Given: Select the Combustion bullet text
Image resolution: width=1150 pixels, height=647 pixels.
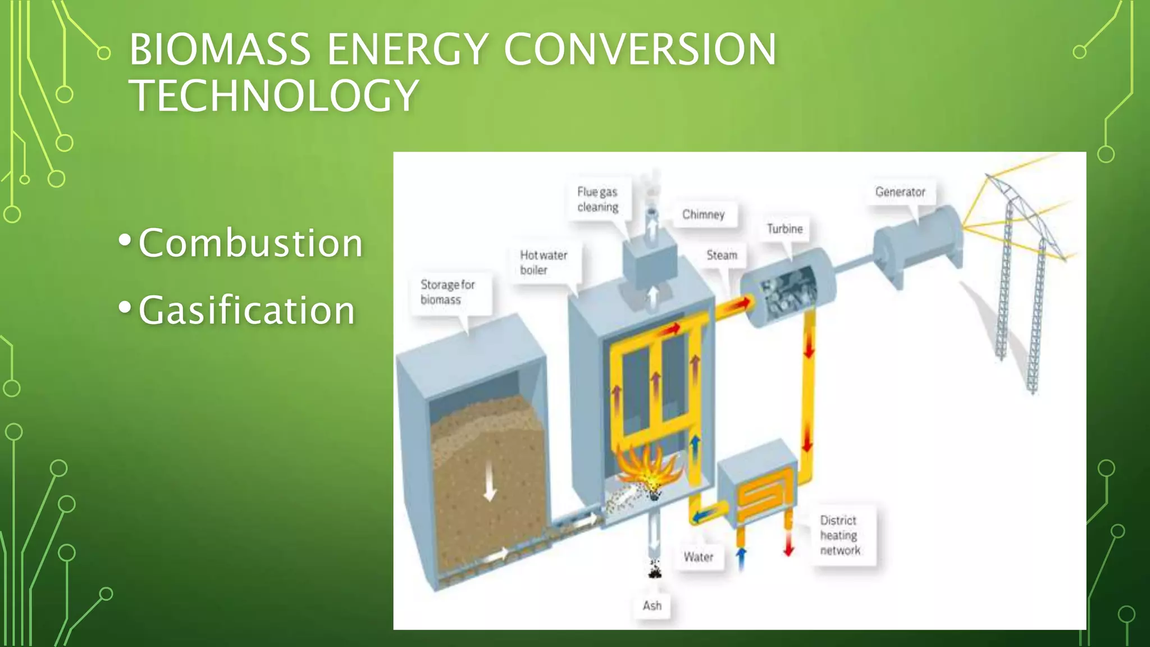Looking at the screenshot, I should pyautogui.click(x=250, y=243).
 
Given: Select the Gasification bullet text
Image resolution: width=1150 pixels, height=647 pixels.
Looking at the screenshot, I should pyautogui.click(x=247, y=310).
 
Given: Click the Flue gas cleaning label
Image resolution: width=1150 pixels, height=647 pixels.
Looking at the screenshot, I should pyautogui.click(x=597, y=199).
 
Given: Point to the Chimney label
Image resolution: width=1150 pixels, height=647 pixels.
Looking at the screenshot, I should pyautogui.click(x=703, y=215).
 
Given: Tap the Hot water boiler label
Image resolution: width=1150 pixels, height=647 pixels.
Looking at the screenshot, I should pyautogui.click(x=543, y=262).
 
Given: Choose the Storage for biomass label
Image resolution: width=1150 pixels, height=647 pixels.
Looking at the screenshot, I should pyautogui.click(x=448, y=292).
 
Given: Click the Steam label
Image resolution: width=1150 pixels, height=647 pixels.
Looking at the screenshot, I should pyautogui.click(x=722, y=255).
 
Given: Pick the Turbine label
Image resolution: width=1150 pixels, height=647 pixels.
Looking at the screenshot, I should pyautogui.click(x=784, y=229).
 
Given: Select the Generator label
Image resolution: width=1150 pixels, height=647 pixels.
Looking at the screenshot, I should pyautogui.click(x=900, y=192).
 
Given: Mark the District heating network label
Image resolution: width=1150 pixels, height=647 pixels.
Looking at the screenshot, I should pyautogui.click(x=839, y=535).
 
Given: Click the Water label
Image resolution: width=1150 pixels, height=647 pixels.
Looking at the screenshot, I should pyautogui.click(x=698, y=557).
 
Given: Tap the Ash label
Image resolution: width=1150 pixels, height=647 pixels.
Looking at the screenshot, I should pyautogui.click(x=652, y=605).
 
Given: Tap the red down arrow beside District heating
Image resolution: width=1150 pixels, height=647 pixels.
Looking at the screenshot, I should pyautogui.click(x=789, y=544).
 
